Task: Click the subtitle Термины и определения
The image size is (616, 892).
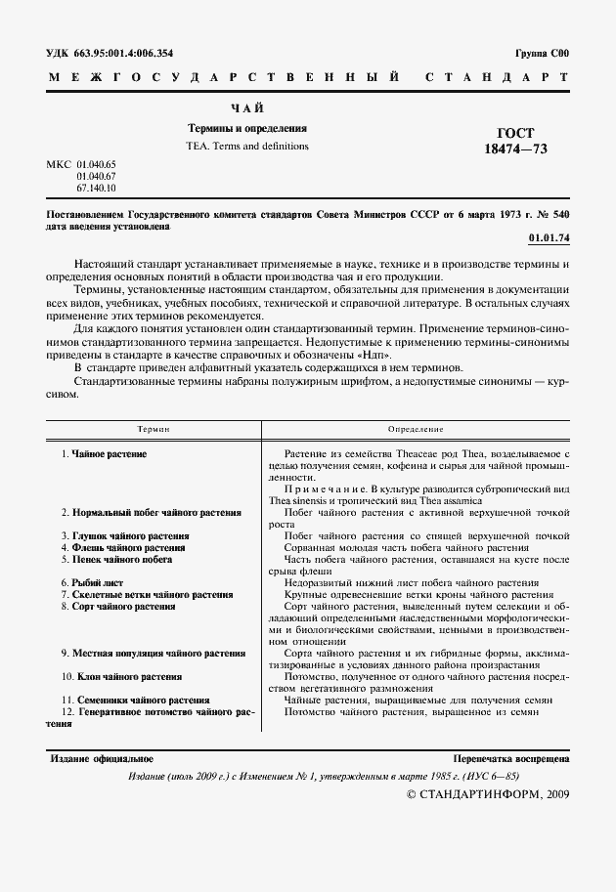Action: click(247, 128)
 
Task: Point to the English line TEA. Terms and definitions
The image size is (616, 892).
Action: click(247, 146)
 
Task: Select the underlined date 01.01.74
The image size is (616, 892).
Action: click(549, 236)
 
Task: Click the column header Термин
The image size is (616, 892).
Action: click(154, 429)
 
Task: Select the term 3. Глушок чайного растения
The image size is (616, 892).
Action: click(122, 536)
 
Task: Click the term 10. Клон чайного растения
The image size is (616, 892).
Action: click(120, 676)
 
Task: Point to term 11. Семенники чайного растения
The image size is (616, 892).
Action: click(135, 700)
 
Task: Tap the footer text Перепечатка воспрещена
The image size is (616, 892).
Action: click(512, 758)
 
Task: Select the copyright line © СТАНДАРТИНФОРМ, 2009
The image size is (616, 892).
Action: click(486, 793)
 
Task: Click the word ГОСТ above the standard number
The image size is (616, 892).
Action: click(516, 132)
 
